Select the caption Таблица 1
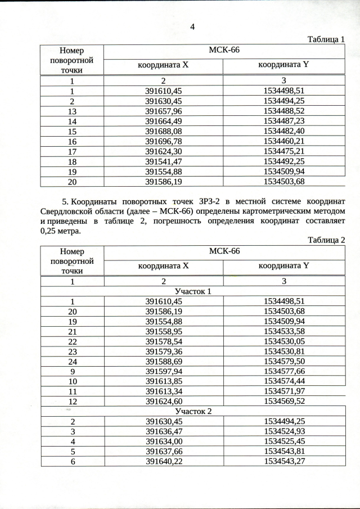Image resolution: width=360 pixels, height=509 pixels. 326,39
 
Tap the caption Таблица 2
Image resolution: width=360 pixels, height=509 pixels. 326,240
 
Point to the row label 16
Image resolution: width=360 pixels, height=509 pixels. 72,141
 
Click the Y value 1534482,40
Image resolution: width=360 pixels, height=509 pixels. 284,131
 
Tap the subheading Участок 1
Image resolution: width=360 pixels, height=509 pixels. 193,291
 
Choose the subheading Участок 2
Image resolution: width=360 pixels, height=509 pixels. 193,411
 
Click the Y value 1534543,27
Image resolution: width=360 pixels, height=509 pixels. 284,462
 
